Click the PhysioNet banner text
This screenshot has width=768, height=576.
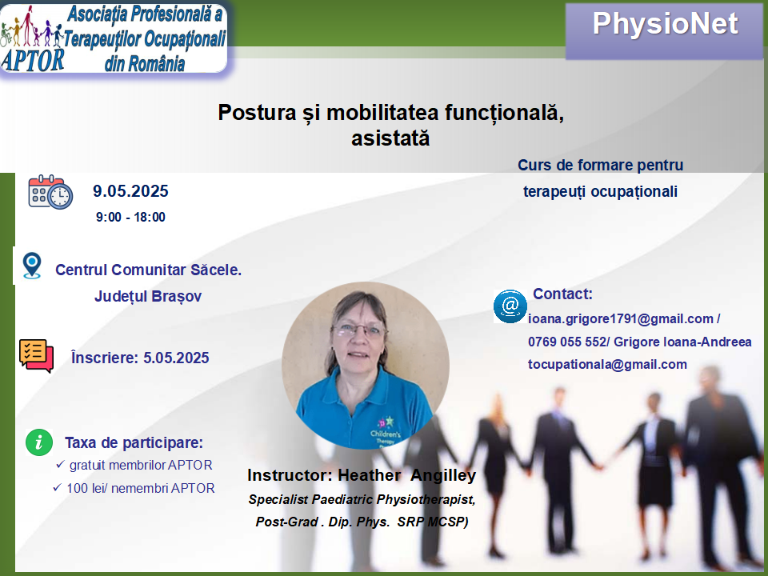(665, 23)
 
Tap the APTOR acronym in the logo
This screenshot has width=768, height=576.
(32, 60)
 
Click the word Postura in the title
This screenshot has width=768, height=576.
(257, 112)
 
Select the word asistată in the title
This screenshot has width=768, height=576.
(390, 138)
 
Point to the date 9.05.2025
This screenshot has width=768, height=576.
(130, 190)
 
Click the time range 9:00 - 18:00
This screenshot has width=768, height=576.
(130, 217)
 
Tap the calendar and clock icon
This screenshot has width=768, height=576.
(50, 192)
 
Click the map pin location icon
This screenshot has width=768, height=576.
(32, 266)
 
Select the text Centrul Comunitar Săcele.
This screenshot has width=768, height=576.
(149, 270)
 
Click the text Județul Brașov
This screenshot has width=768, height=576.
(148, 296)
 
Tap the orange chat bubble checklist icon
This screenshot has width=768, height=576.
(36, 355)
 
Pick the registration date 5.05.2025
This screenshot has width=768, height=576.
(176, 358)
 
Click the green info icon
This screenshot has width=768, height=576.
(39, 442)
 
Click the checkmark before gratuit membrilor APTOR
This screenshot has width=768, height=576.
(60, 464)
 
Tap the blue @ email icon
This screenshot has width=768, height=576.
(510, 306)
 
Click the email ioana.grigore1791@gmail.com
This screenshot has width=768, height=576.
(621, 319)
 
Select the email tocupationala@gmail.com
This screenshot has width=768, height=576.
(607, 365)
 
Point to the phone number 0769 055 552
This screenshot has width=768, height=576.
(567, 342)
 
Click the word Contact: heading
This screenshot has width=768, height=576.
(562, 294)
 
